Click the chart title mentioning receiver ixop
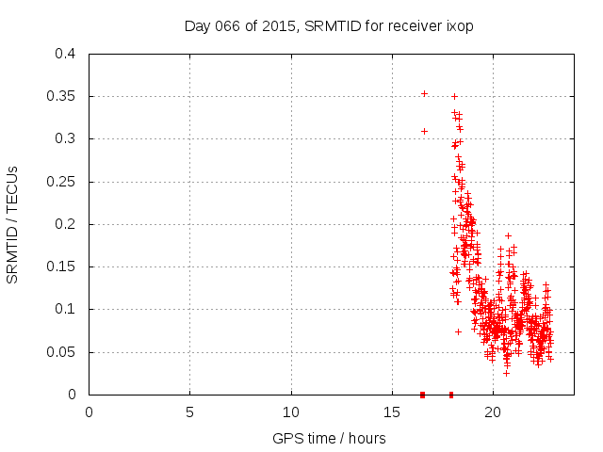click(328, 26)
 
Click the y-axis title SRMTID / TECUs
click(13, 224)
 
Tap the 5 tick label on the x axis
click(189, 412)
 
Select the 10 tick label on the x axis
click(291, 412)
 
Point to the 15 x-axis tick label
click(392, 412)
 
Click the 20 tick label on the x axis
click(493, 412)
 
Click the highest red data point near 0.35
click(424, 93)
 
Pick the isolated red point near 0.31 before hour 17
click(424, 131)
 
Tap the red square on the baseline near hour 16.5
click(422, 395)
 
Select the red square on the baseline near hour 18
click(451, 395)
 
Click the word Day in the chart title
click(195, 26)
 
